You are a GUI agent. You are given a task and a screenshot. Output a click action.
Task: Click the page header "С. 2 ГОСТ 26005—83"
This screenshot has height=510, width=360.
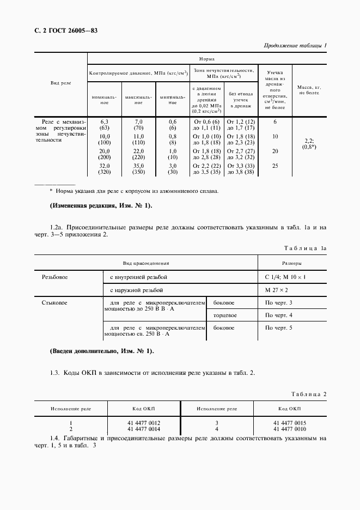(x=62, y=31)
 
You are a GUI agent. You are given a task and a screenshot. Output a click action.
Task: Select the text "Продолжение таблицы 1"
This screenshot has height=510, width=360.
(x=295, y=45)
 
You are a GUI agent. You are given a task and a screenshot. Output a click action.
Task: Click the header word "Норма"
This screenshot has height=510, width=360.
(x=206, y=58)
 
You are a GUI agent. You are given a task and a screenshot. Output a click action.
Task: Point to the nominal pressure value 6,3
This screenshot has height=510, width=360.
(x=105, y=122)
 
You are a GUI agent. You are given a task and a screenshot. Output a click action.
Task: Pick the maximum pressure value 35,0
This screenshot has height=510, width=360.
(x=138, y=166)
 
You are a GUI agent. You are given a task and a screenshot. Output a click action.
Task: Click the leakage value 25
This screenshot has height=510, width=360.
(x=275, y=166)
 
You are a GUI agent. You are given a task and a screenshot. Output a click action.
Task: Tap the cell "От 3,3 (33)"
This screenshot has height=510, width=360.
(x=241, y=166)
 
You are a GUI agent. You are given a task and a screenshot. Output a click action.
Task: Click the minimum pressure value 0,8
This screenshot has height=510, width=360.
(x=173, y=136)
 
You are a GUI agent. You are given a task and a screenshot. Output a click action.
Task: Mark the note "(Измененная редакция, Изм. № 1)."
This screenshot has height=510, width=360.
(x=101, y=205)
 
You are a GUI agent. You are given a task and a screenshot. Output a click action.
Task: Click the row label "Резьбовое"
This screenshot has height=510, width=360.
(x=54, y=277)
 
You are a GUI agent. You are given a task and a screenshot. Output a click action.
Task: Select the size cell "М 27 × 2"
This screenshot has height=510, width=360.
(x=277, y=291)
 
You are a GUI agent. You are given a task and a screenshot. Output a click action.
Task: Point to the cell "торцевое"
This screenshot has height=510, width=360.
(x=225, y=315)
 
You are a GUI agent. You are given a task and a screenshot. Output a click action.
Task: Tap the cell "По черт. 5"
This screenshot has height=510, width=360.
(x=279, y=329)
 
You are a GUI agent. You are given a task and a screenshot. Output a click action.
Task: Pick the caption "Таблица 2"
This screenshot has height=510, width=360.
(x=309, y=393)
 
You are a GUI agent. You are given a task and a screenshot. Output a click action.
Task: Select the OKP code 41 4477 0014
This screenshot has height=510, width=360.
(x=144, y=429)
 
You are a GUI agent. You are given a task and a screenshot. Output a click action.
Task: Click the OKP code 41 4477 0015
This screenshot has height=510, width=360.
(x=290, y=423)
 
